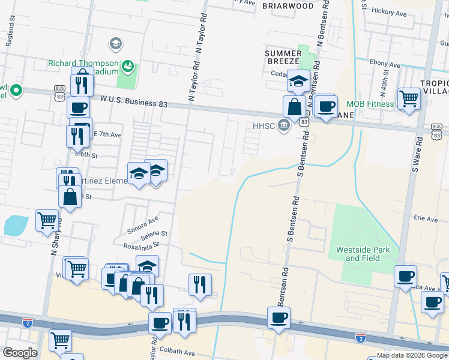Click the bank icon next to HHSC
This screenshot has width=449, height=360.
click(x=285, y=125)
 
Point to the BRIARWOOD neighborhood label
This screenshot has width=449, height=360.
click(x=288, y=6)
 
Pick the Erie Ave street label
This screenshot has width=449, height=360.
click(x=425, y=220)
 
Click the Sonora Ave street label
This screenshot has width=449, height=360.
click(x=142, y=224)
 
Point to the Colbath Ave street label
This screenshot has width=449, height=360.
click(x=178, y=353)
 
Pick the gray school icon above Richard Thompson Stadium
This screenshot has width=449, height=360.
click(x=115, y=43)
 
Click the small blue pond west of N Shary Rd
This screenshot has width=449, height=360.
click(x=15, y=225)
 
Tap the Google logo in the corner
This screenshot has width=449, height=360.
click(x=19, y=352)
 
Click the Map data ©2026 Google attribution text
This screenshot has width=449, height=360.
click(x=411, y=355)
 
